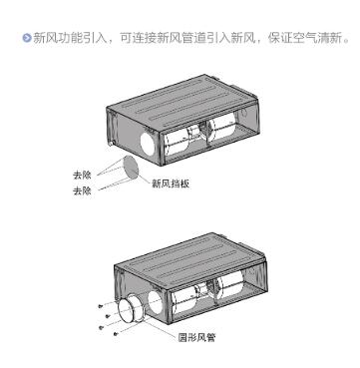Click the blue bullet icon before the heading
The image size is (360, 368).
tap(27, 38)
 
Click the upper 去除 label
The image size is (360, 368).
tap(82, 175)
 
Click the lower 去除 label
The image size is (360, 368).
tap(82, 191)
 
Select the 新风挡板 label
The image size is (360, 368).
tap(171, 184)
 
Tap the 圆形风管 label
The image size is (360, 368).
tap(196, 337)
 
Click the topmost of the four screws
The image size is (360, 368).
tap(101, 305)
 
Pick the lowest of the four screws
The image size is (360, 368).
tap(116, 333)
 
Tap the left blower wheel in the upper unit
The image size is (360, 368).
tap(176, 142)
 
